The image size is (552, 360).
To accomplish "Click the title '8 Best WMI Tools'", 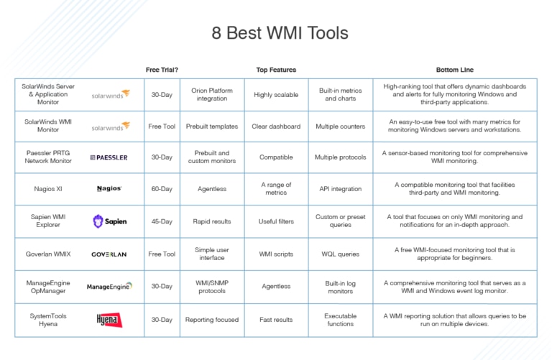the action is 280,33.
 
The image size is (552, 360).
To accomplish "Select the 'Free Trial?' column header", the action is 162,70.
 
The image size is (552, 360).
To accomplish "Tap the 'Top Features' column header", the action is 276,70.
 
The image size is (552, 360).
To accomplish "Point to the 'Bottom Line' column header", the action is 454,70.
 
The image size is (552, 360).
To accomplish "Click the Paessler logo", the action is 109,157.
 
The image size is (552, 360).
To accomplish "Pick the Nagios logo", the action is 109,188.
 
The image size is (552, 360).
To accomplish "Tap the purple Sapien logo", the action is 109,221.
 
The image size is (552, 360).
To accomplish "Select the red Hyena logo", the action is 109,320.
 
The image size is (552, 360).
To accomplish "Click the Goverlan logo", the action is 109,254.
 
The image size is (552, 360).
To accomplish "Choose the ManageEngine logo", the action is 109,287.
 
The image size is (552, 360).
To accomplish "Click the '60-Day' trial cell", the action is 162,189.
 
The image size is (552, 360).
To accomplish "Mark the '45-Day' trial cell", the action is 162,221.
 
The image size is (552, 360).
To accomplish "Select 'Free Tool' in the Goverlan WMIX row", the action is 162,254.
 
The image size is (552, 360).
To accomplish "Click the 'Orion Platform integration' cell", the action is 212,94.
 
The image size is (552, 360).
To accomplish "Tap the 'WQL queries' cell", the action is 341,254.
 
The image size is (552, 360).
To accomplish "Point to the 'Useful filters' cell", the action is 276,221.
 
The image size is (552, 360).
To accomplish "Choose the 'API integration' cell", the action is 341,189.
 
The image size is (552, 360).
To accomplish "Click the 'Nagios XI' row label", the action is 48,189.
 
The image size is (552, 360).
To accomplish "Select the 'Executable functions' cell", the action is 341,320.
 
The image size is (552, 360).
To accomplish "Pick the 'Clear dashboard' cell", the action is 276,126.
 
